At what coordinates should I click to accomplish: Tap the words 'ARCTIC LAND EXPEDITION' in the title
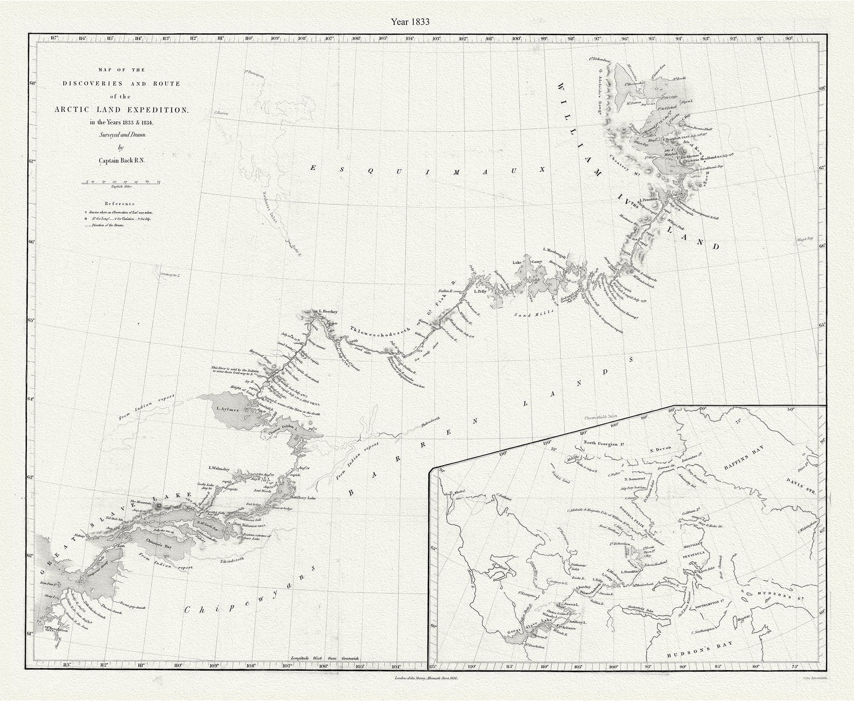tap(121, 110)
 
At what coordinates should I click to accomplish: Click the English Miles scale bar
tap(121, 181)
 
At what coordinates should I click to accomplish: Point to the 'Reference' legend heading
tap(120, 204)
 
